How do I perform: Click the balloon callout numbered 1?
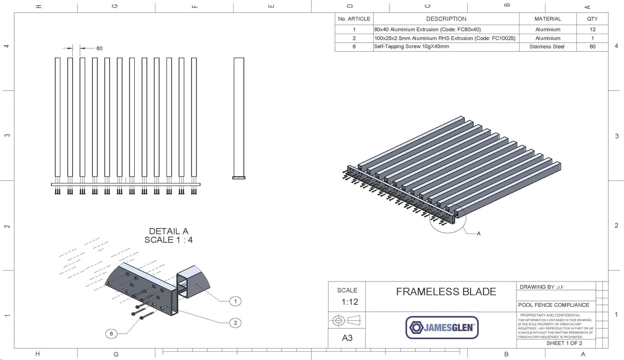235,301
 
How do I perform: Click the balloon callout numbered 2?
235,322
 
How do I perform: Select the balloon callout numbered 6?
111,334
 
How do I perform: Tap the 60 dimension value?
99,48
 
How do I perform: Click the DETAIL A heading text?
168,231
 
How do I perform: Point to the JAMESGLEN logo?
442,328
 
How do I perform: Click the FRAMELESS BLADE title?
446,292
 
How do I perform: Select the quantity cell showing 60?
592,47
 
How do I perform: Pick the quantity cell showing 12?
592,29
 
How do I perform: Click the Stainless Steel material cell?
547,47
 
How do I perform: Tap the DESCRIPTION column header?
446,19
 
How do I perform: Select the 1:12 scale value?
347,302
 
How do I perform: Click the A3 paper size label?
347,338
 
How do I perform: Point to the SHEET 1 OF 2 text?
564,343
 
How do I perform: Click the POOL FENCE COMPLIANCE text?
554,305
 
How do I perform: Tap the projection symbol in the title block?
347,320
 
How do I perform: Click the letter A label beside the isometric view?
478,234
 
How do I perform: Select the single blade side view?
239,117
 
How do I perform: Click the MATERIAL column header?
548,19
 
